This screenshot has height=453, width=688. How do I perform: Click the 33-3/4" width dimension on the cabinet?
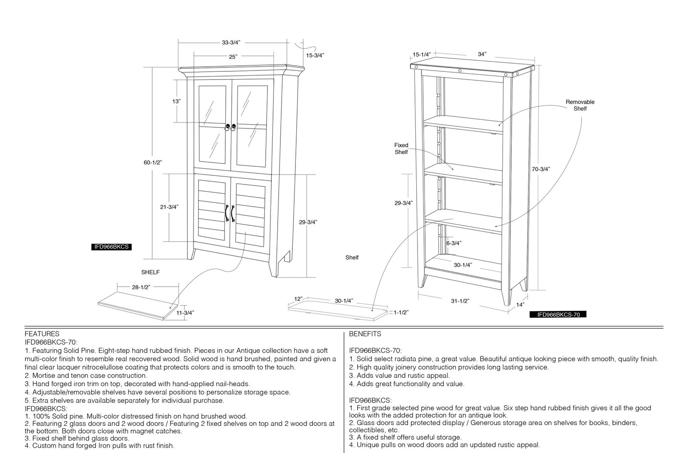click(x=230, y=43)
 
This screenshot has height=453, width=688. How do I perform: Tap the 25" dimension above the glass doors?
click(x=233, y=57)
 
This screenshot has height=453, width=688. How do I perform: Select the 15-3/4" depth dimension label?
click(x=315, y=55)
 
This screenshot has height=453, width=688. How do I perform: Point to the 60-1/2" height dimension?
click(x=153, y=162)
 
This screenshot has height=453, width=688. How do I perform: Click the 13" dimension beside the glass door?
click(x=176, y=101)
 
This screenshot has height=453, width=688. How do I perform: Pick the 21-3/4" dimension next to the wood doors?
click(x=169, y=207)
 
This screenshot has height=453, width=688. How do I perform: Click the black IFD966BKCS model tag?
click(x=111, y=247)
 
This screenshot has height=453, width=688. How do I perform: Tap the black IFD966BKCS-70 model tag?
click(x=558, y=314)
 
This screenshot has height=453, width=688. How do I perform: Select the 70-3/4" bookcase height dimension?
click(x=541, y=169)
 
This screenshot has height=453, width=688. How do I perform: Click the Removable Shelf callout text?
click(x=580, y=105)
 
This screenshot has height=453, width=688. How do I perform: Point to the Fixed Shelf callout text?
click(x=402, y=149)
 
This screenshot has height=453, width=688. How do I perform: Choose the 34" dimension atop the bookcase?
click(x=482, y=54)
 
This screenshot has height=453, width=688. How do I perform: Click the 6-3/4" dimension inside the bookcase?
click(x=454, y=243)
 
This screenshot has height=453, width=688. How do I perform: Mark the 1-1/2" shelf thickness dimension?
click(x=401, y=312)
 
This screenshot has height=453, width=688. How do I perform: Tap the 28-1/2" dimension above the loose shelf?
click(x=141, y=287)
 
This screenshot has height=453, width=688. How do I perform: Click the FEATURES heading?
click(x=42, y=334)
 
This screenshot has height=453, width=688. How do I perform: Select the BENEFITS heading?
click(x=365, y=334)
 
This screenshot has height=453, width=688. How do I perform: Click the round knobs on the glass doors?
click(x=230, y=127)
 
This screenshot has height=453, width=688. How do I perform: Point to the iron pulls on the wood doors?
click(x=230, y=213)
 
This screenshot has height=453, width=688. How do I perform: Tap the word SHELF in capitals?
click(x=150, y=272)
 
